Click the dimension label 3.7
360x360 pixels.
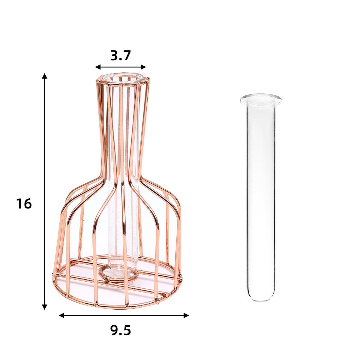click(120, 56)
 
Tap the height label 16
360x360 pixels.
click(24, 204)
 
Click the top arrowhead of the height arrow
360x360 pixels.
click(44, 76)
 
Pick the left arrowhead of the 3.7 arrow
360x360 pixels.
click(98, 67)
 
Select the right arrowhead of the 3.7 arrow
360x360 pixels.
click(143, 67)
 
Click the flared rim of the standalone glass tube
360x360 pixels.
click(261, 99)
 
